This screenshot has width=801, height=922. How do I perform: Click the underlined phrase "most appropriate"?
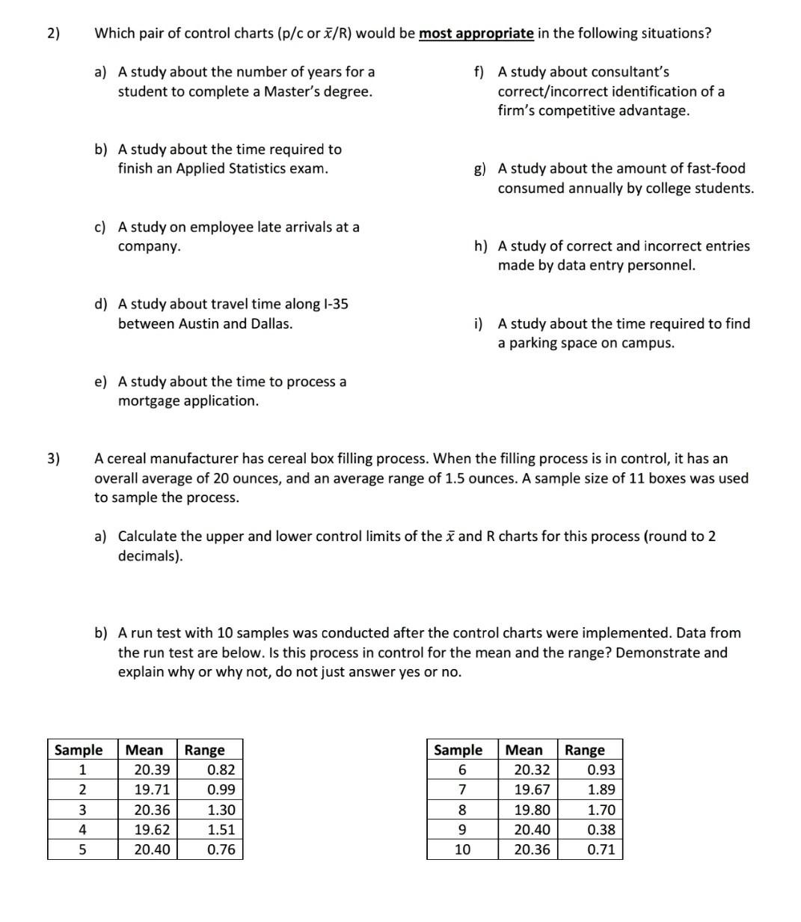476,34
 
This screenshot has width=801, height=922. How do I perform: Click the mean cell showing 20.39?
151,770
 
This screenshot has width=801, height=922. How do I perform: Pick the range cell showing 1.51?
221,829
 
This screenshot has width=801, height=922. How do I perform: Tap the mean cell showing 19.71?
151,790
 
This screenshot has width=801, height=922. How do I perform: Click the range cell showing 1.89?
601,790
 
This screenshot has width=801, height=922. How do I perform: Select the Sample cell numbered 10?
462,849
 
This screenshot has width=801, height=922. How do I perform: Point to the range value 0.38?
601,829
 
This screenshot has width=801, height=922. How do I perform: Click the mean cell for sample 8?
532,810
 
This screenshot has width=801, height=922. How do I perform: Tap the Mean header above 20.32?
524,750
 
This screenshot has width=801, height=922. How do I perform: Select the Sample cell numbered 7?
462,790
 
